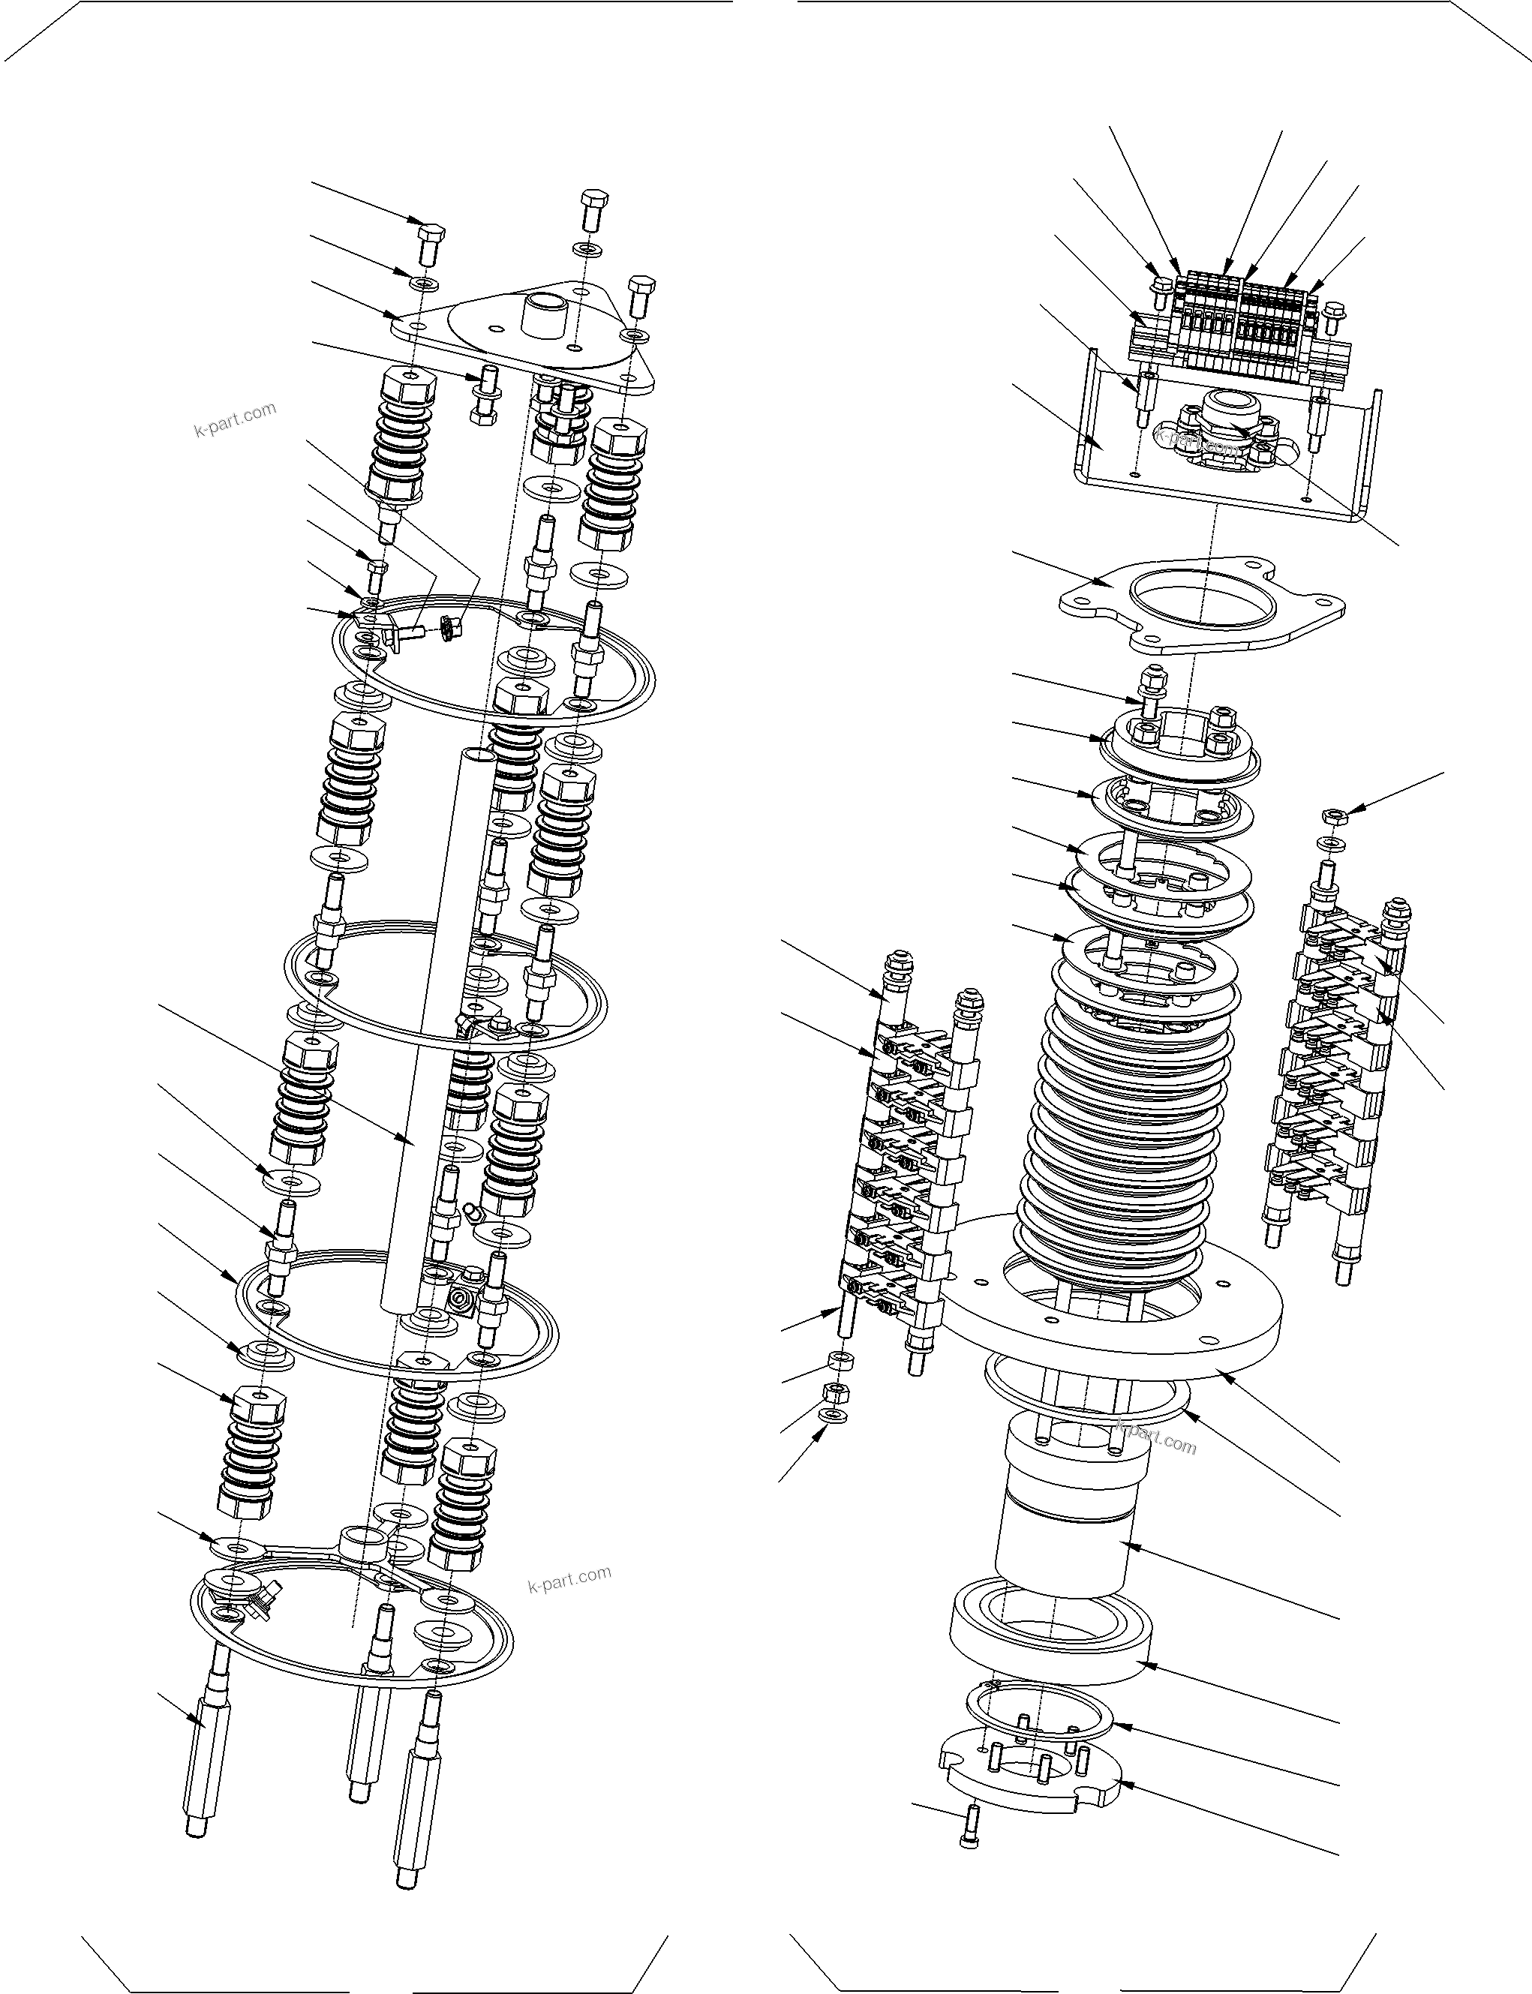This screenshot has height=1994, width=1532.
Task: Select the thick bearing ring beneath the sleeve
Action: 1049,1641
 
